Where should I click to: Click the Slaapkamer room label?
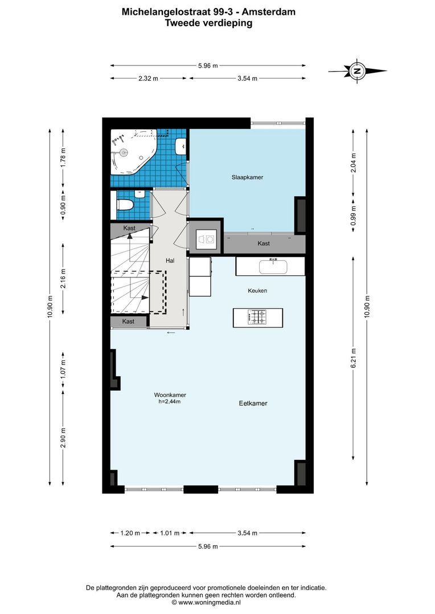(247, 177)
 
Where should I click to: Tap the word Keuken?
(257, 291)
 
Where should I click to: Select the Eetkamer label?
(253, 404)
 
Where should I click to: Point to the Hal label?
(170, 260)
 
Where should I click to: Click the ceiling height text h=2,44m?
(170, 402)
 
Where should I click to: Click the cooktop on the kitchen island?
(257, 317)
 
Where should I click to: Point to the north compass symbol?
(358, 71)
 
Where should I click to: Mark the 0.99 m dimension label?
(354, 215)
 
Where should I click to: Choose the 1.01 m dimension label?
(170, 533)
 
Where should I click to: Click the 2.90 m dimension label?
(63, 437)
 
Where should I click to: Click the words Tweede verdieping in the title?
(208, 23)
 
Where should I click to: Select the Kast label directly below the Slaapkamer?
(264, 243)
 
